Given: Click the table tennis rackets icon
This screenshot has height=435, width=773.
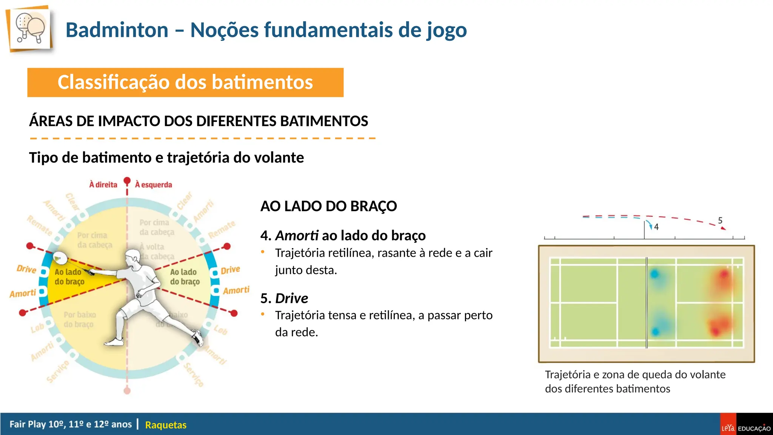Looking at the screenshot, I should tap(30, 29).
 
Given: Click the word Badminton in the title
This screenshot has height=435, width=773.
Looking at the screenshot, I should tap(117, 30).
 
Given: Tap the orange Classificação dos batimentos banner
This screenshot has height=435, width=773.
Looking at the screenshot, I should tap(185, 82).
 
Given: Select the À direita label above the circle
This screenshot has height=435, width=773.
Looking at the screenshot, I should tap(103, 185).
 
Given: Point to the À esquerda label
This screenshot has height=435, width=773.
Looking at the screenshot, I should tap(154, 185).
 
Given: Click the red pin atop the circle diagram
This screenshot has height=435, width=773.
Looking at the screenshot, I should tap(127, 181).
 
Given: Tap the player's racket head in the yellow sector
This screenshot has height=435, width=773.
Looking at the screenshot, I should tap(60, 259).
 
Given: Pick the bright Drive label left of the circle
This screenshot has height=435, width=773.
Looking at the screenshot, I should tap(26, 269).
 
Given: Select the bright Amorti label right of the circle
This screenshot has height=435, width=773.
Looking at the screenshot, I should tap(236, 290).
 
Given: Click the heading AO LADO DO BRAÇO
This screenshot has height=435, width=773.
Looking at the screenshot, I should tap(328, 206).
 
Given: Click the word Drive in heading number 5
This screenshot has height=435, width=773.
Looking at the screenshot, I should tap(291, 298).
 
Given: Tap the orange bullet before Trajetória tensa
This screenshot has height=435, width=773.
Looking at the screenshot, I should tap(263, 314).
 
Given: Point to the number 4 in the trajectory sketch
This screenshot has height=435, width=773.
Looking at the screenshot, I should tap(656, 227).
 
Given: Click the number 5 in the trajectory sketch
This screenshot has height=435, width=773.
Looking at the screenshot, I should tap(720, 220).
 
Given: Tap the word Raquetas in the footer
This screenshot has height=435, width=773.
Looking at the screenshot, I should tap(166, 425).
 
